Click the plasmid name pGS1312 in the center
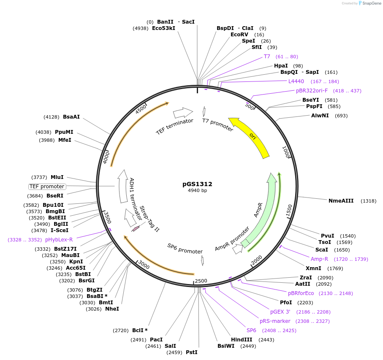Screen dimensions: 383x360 (197, 184)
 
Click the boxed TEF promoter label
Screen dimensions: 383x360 (47, 187)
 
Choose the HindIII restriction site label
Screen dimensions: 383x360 (242, 339)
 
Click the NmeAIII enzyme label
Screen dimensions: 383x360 (341, 201)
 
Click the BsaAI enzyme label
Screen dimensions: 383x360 (71, 117)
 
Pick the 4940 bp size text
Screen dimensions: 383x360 (197, 190)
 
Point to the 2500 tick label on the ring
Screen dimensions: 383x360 (201, 281)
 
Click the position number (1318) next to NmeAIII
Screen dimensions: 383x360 (368, 201)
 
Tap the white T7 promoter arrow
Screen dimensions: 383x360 (204, 111)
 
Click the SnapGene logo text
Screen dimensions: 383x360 (370, 3)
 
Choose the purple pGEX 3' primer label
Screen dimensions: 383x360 (280, 312)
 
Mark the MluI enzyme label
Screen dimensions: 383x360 (57, 177)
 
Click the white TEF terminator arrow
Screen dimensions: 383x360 (182, 113)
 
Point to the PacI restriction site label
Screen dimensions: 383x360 (156, 339)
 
